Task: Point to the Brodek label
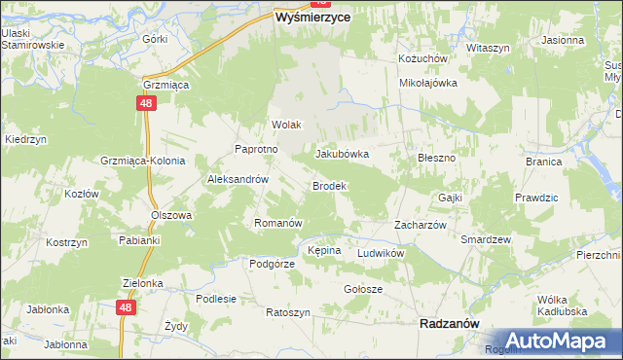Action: pos(329,185)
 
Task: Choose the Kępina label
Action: pos(324,250)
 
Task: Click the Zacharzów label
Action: pos(420,224)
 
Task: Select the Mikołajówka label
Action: pos(428,83)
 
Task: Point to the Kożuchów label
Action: pos(422,58)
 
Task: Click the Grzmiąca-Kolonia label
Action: pos(142,161)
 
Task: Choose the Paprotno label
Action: pos(257,149)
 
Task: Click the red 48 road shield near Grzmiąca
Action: pos(145,102)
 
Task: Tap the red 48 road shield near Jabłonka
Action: pos(125,306)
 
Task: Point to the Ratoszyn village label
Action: pos(288,312)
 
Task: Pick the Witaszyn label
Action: pos(489,48)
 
